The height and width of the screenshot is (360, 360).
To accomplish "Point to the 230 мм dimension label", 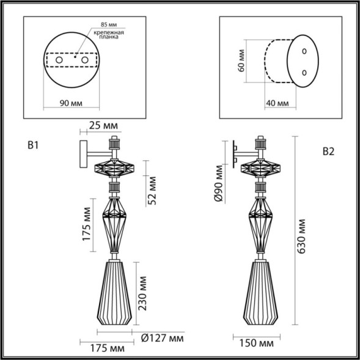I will coord(142,292).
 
